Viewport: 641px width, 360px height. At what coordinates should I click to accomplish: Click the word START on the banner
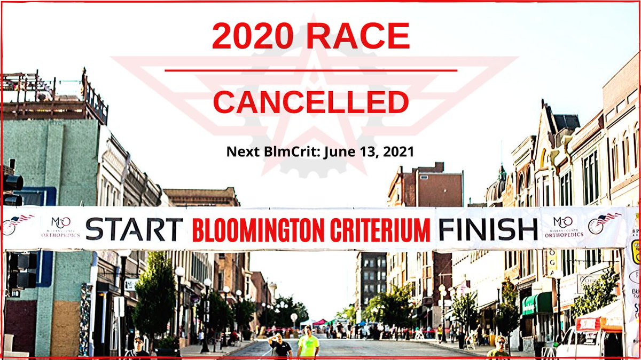pyautogui.click(x=134, y=229)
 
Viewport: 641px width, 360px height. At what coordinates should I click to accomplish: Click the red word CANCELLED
pyautogui.click(x=311, y=102)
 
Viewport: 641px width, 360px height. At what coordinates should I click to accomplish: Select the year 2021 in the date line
pyautogui.click(x=397, y=151)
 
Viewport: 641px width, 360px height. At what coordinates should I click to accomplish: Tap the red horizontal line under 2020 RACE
pyautogui.click(x=311, y=70)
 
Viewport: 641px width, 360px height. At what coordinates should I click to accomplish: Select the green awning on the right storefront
pyautogui.click(x=537, y=303)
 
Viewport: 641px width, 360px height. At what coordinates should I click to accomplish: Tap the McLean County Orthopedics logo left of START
pyautogui.click(x=60, y=227)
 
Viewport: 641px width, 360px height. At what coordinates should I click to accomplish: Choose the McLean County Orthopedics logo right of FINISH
pyautogui.click(x=562, y=227)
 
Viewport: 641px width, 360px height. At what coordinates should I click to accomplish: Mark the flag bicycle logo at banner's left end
pyautogui.click(x=17, y=223)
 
